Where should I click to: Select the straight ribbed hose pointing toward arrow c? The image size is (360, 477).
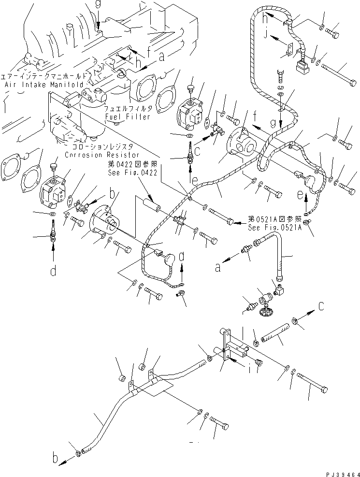275,334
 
